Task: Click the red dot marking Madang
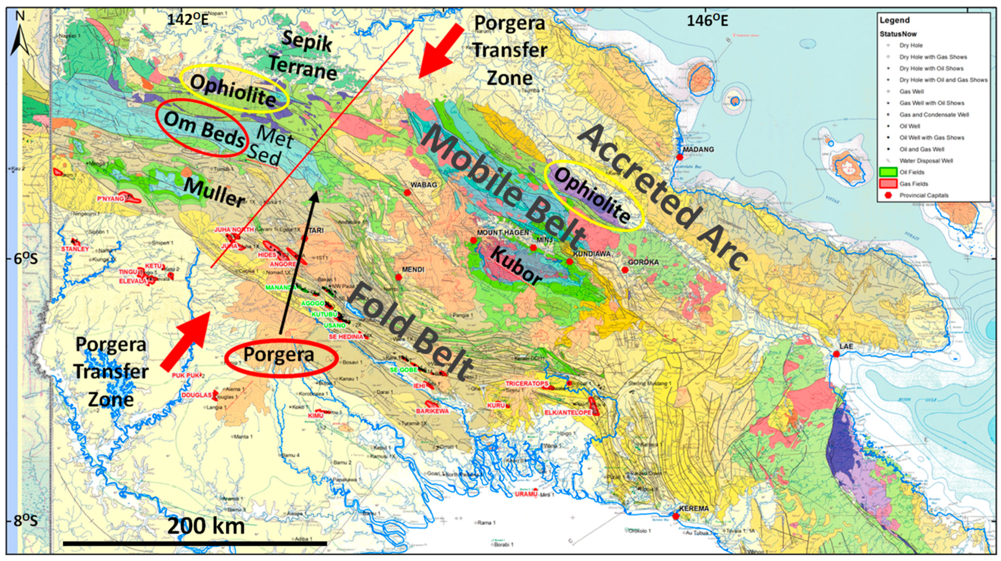pyautogui.click(x=680, y=157)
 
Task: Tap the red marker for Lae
pyautogui.click(x=836, y=354)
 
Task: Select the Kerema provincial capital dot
pyautogui.click(x=675, y=516)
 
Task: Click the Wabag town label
pyautogui.click(x=424, y=185)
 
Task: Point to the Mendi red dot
pyautogui.click(x=398, y=277)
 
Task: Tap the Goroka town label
pyautogui.click(x=643, y=262)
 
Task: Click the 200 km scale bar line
pyautogui.click(x=194, y=543)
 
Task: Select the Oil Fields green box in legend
pyautogui.click(x=888, y=172)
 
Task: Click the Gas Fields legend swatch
pyautogui.click(x=888, y=184)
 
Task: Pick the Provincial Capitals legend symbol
pyautogui.click(x=888, y=195)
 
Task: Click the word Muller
pyautogui.click(x=214, y=193)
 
